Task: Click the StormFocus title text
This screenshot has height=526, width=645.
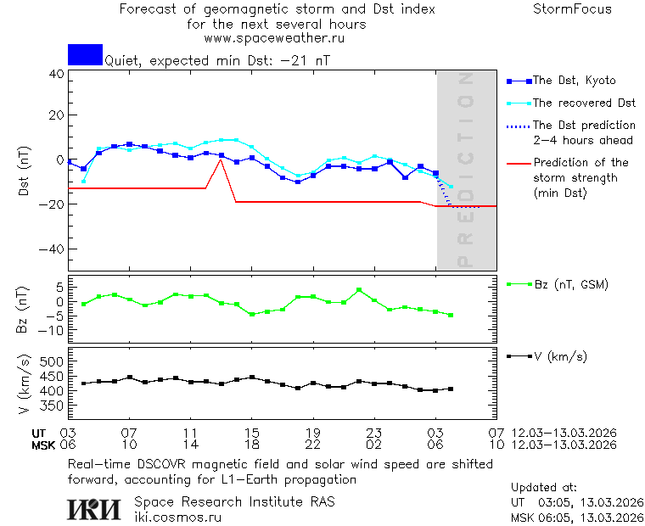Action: click(x=572, y=9)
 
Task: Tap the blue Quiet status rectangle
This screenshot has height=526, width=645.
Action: click(x=85, y=55)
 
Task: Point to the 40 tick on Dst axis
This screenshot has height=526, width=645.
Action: click(x=56, y=74)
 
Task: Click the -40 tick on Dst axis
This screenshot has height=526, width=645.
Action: click(x=53, y=249)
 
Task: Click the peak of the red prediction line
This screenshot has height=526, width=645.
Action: click(x=221, y=159)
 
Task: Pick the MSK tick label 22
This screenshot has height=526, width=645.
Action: click(x=312, y=445)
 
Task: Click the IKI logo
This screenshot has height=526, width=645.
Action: click(x=93, y=509)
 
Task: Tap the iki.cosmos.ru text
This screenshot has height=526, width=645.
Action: click(x=177, y=517)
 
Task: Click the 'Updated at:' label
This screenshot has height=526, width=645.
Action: click(x=543, y=488)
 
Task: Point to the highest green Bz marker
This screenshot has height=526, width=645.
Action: click(x=359, y=290)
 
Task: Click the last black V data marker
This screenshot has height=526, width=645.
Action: click(x=451, y=389)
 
